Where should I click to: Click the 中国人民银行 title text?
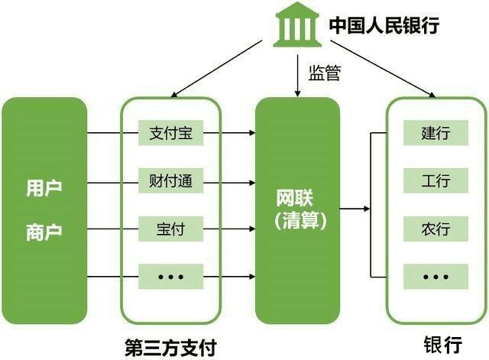pyautogui.click(x=384, y=26)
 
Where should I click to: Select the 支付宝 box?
pyautogui.click(x=170, y=134)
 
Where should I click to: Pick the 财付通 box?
pyautogui.click(x=170, y=181)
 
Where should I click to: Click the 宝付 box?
pyautogui.click(x=170, y=228)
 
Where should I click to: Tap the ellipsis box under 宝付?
pyautogui.click(x=170, y=275)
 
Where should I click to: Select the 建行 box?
pyautogui.click(x=436, y=133)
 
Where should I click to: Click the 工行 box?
pyautogui.click(x=436, y=181)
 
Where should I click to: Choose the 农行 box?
pyautogui.click(x=436, y=228)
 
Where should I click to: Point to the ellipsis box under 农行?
pyautogui.click(x=436, y=275)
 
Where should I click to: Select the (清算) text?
pyautogui.click(x=296, y=221)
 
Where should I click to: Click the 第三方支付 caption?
pyautogui.click(x=170, y=345)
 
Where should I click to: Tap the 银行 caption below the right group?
pyautogui.click(x=436, y=343)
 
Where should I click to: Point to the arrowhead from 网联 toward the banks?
pyautogui.click(x=366, y=208)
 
